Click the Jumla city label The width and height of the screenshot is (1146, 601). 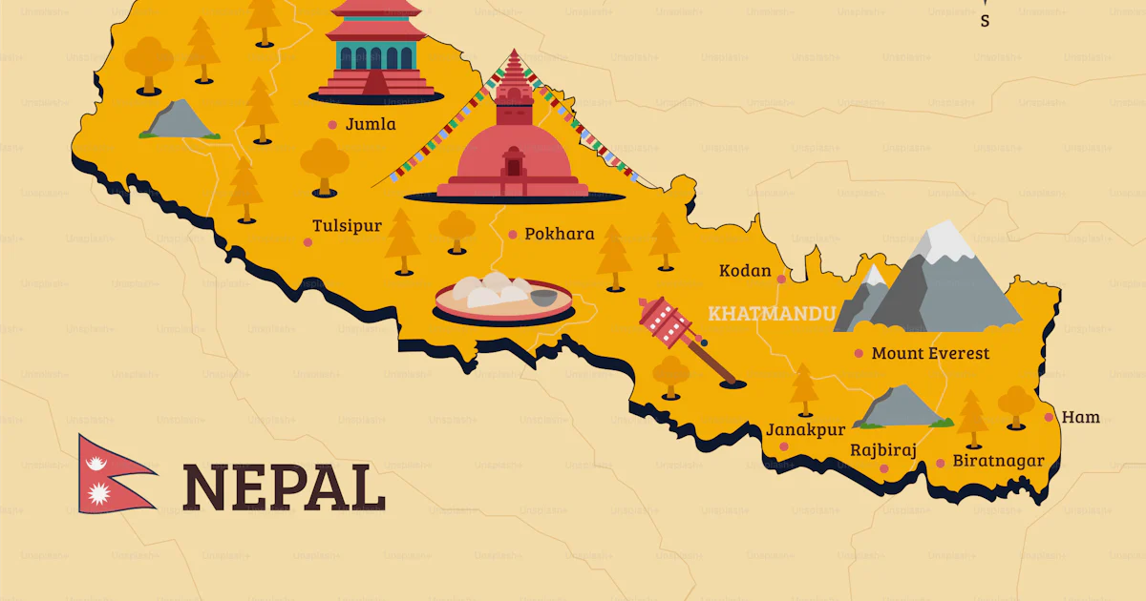pos(371,124)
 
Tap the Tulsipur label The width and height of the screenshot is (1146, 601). pos(347,226)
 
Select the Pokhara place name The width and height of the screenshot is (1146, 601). pos(560,234)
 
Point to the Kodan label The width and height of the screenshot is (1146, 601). pos(745,271)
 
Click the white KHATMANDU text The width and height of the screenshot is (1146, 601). pos(773,313)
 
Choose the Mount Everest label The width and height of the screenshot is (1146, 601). pos(930,354)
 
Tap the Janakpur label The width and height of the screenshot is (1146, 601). pos(805,430)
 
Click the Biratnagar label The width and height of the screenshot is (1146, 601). pos(998,461)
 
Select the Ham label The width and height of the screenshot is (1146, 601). pos(1081,417)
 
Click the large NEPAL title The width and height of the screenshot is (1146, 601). pos(284,487)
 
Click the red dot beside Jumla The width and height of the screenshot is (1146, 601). pos(332,124)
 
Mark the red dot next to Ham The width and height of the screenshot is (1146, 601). pos(1049,417)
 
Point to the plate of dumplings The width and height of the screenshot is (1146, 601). pos(502,295)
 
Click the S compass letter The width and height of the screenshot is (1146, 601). pos(985,21)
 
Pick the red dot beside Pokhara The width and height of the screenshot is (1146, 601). pos(513,234)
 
